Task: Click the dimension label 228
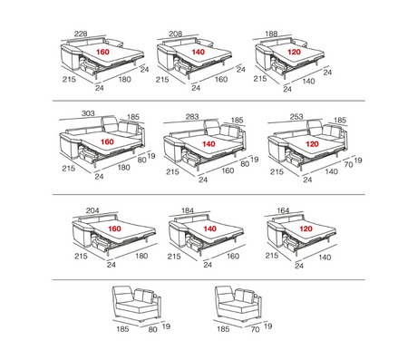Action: pos(81,34)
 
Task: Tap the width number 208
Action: pos(176,34)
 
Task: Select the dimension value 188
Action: pos(271,34)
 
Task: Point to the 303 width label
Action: pos(88,113)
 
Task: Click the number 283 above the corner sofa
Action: pos(192,116)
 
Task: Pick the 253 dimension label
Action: pos(296,116)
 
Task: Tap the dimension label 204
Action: pos(92,210)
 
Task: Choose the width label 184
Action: pos(188,210)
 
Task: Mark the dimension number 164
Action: pos(283,210)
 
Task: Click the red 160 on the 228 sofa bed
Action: pos(102,52)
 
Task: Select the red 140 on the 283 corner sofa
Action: pos(208,144)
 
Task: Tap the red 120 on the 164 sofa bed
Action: pos(305,229)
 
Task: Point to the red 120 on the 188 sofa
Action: pos(294,52)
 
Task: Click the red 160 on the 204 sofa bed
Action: pos(114,229)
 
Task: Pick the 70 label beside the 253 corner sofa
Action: pos(349,164)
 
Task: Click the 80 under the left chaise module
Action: pos(153,329)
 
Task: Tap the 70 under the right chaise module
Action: pos(256,329)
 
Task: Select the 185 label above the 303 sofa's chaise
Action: pos(133,117)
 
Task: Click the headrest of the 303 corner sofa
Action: pos(109,123)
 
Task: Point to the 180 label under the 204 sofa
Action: pos(141,256)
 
